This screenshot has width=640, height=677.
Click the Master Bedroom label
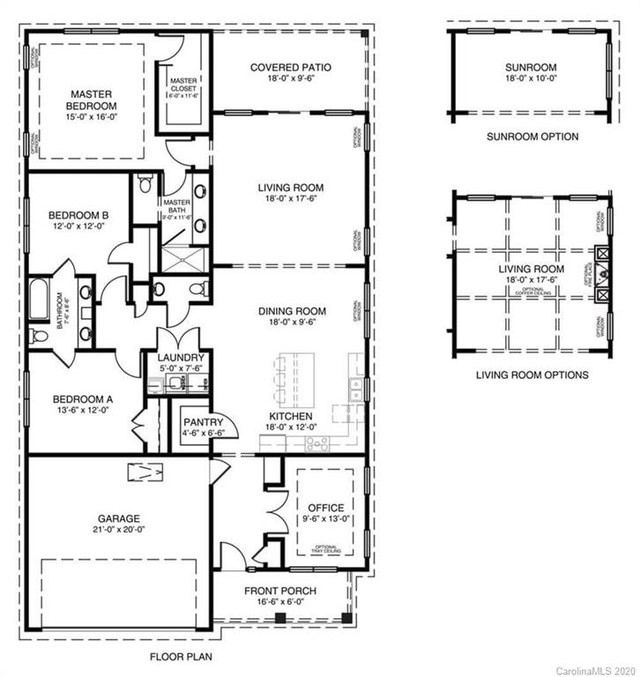click(x=88, y=100)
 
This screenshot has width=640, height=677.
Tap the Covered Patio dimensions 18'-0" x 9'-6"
click(x=290, y=78)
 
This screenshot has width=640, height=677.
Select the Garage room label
click(x=119, y=518)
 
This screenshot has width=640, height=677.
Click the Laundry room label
click(x=180, y=357)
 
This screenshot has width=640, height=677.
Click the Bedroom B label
click(x=78, y=214)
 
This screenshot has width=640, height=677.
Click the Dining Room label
click(x=291, y=310)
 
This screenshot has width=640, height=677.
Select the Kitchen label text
click(x=289, y=416)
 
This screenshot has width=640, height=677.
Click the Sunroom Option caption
click(x=532, y=137)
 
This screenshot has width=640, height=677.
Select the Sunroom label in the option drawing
click(x=532, y=67)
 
